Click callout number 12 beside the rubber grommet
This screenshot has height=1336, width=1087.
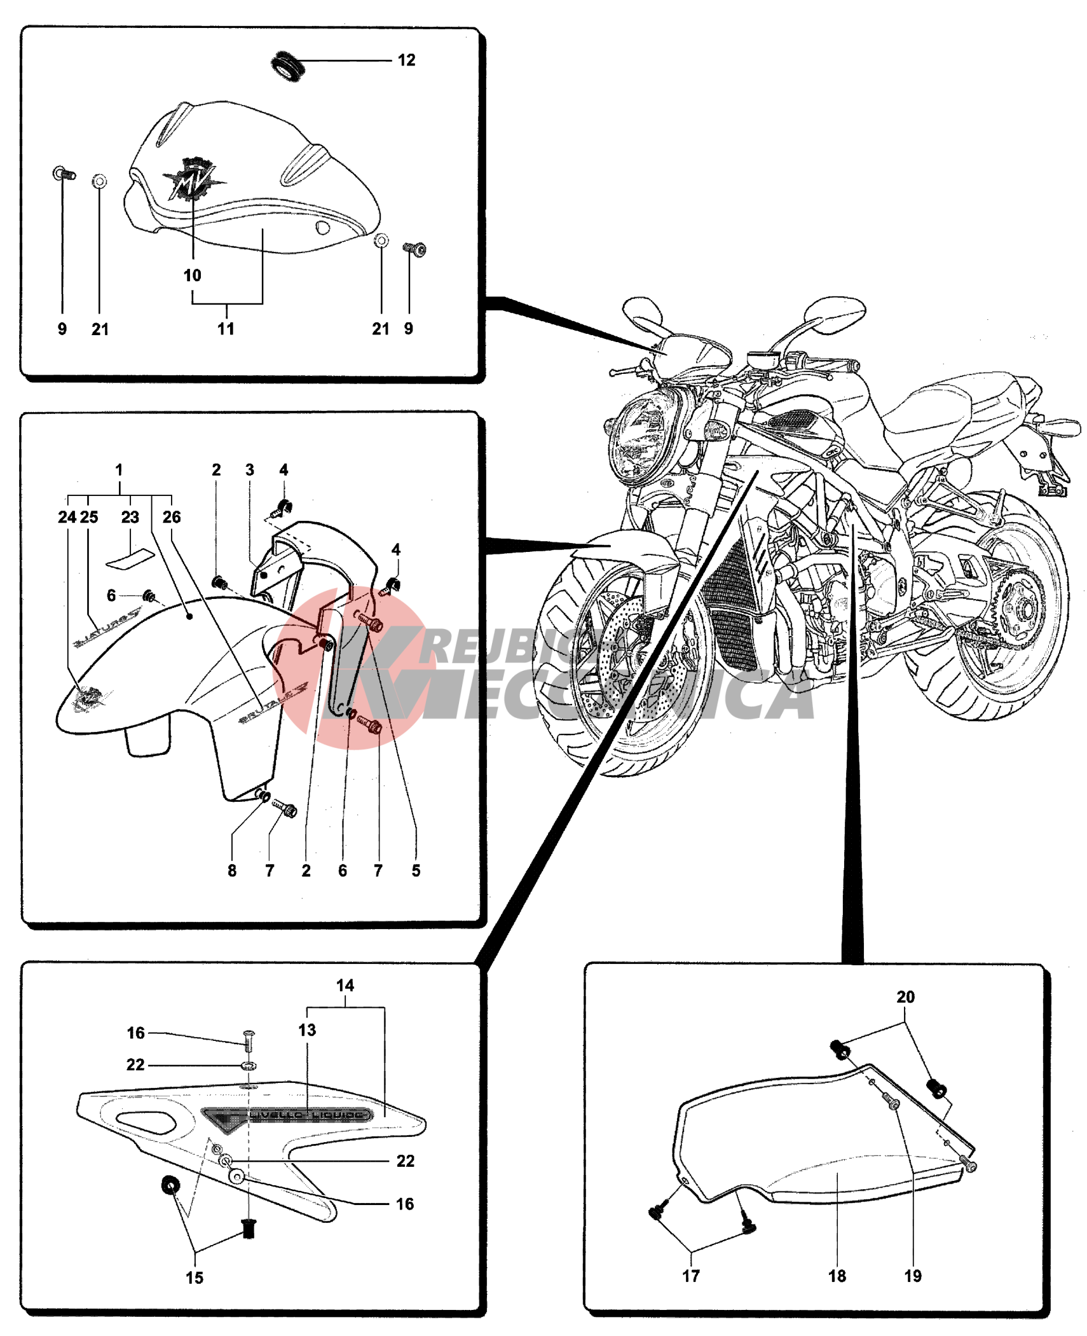(x=406, y=60)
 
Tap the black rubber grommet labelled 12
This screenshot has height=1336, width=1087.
(x=286, y=66)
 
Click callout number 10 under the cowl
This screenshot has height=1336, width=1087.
(x=192, y=275)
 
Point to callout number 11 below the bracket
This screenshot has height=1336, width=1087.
(x=226, y=329)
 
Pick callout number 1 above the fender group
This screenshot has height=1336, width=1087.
(x=119, y=470)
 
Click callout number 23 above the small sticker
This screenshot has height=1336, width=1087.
(x=130, y=517)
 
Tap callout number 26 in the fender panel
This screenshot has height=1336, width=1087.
(x=172, y=517)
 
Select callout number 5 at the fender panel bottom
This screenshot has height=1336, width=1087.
(x=416, y=871)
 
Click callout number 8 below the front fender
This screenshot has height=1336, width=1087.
(x=232, y=871)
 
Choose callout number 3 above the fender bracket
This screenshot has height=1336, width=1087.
(x=250, y=470)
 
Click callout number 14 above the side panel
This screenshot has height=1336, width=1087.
(x=345, y=986)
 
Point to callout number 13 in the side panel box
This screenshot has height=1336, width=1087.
(x=307, y=1030)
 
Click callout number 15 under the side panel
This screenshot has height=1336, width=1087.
(x=195, y=1277)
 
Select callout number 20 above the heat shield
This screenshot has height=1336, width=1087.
(x=905, y=997)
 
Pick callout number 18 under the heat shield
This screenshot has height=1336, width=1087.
(x=837, y=1276)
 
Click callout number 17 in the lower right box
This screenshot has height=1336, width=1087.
(x=691, y=1276)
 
